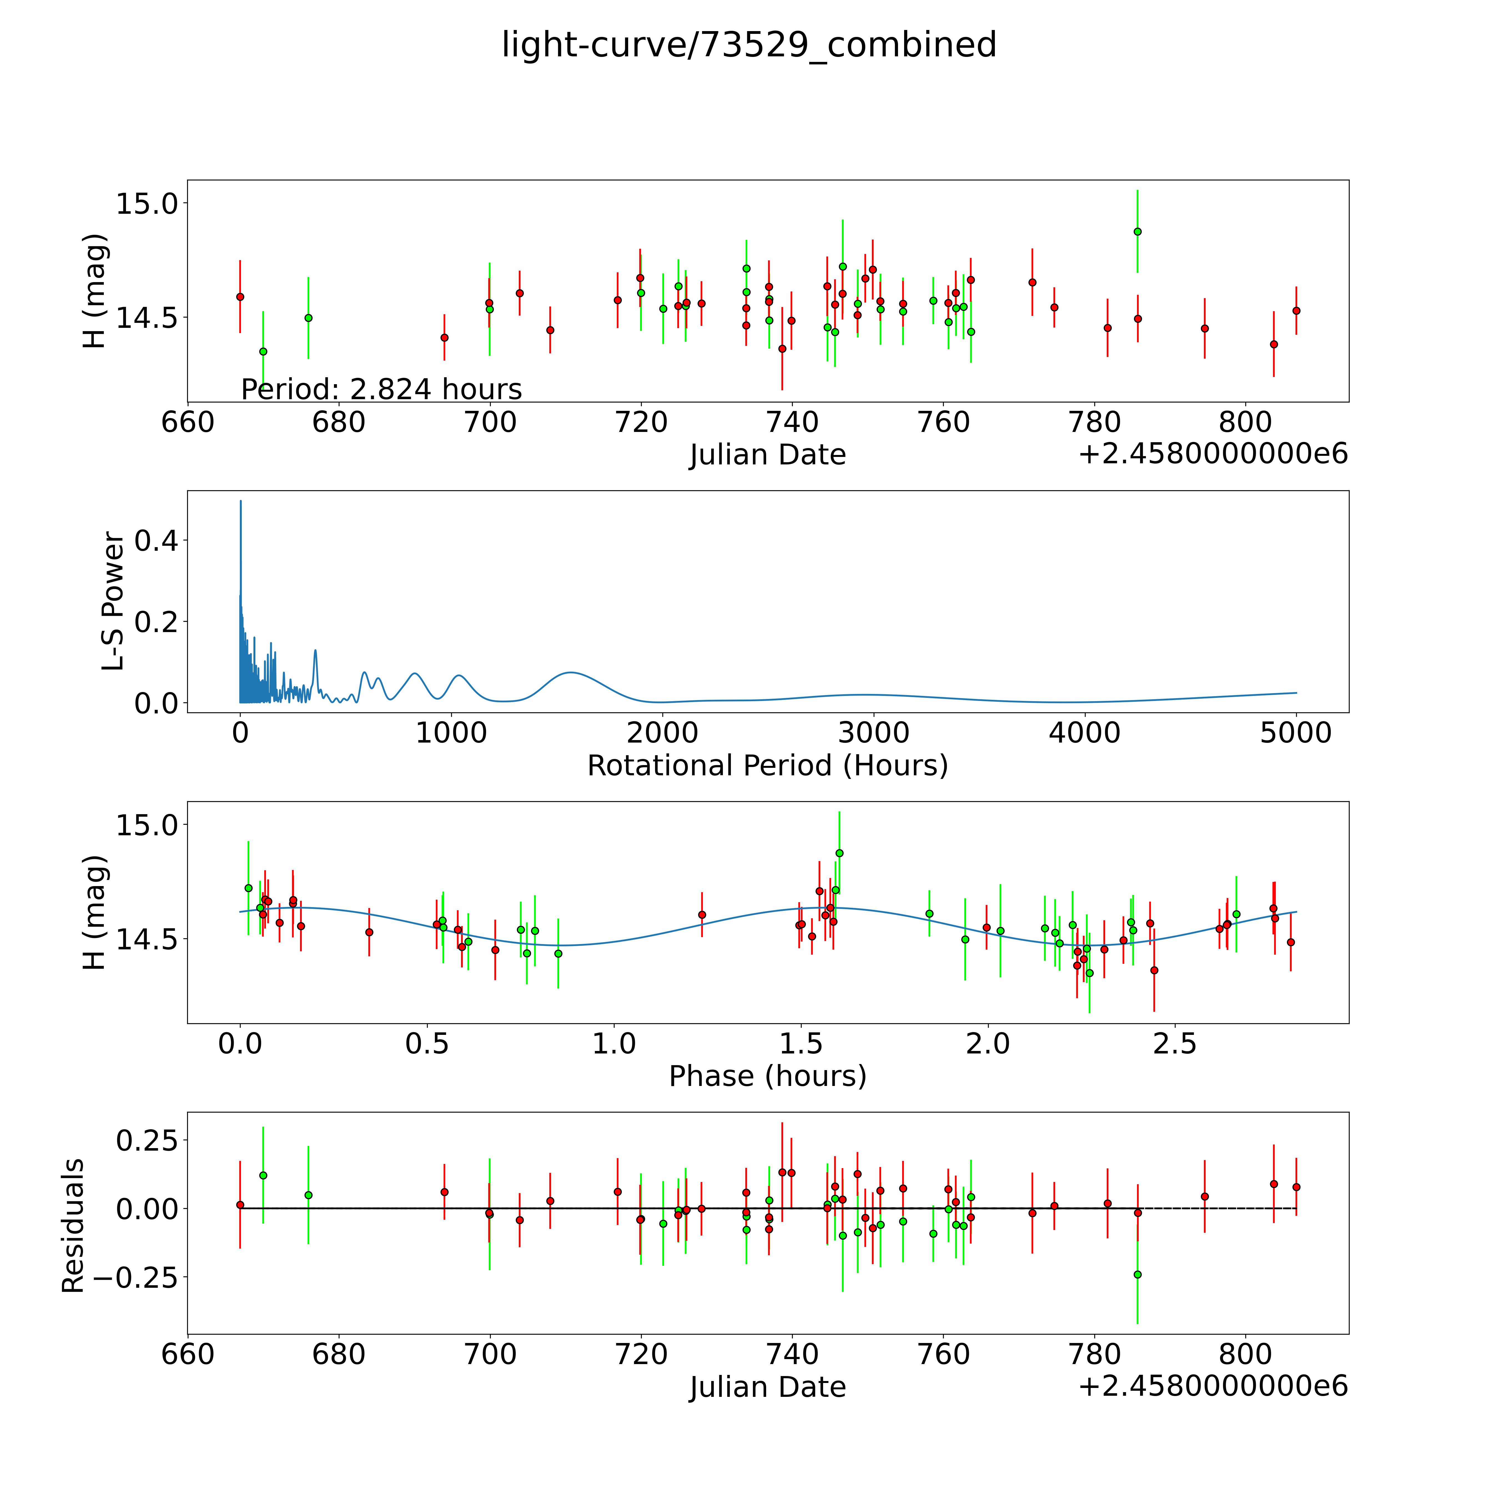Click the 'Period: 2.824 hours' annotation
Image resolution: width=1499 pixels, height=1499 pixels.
pyautogui.click(x=381, y=389)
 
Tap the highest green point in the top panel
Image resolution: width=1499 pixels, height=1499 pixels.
pyautogui.click(x=1138, y=231)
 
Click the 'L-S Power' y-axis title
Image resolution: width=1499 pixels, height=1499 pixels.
pyautogui.click(x=113, y=601)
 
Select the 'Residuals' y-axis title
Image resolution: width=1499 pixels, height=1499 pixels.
pyautogui.click(x=73, y=1225)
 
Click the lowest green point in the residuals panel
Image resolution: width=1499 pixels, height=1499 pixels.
pyautogui.click(x=1138, y=1274)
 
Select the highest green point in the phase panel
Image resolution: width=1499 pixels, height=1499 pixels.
pyautogui.click(x=839, y=853)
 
